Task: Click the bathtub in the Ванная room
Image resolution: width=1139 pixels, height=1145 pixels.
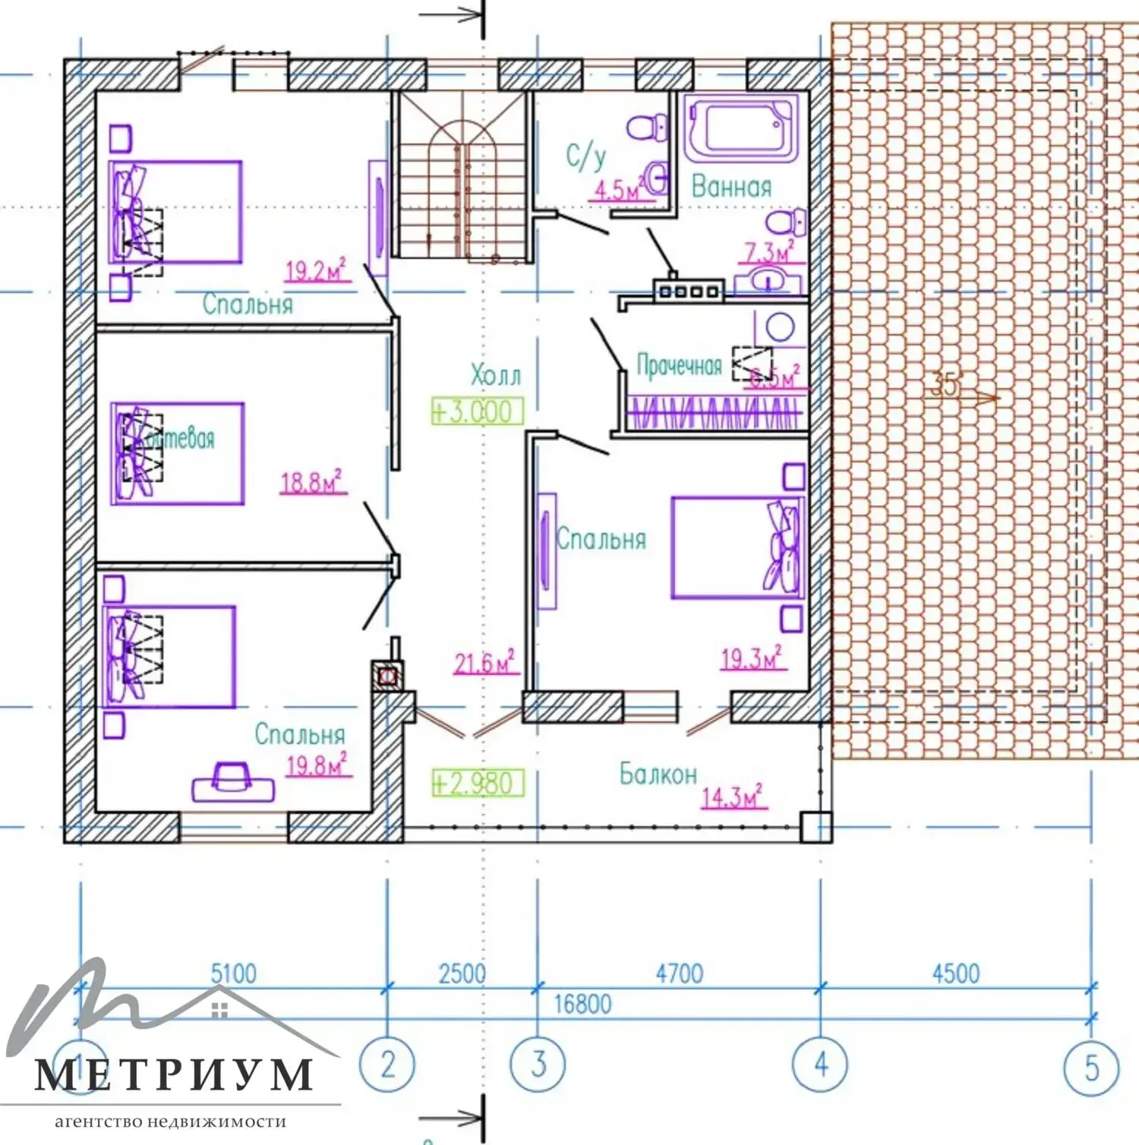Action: (741, 128)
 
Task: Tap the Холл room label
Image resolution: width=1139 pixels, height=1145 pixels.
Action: (496, 375)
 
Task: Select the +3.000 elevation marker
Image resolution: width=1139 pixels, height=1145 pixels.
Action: (478, 412)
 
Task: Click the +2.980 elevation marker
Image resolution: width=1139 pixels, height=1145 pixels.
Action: (478, 783)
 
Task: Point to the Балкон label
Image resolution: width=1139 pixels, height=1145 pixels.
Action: (658, 774)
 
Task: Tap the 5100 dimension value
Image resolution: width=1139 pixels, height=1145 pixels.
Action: (234, 973)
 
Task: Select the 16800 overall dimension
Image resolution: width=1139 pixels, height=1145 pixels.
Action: (582, 1005)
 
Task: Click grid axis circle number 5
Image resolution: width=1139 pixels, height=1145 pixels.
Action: (1092, 1068)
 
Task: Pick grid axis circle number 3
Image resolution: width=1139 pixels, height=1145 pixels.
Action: (538, 1064)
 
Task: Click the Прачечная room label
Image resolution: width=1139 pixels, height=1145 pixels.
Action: (679, 366)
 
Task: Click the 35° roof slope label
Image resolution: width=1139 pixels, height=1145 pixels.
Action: (945, 386)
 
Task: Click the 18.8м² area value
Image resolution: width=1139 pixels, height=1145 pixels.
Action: (312, 482)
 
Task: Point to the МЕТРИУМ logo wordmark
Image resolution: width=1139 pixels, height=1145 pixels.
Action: (174, 1074)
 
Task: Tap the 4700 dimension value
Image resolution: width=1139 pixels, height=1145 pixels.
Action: (679, 973)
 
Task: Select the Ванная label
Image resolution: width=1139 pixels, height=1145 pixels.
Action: (731, 187)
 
